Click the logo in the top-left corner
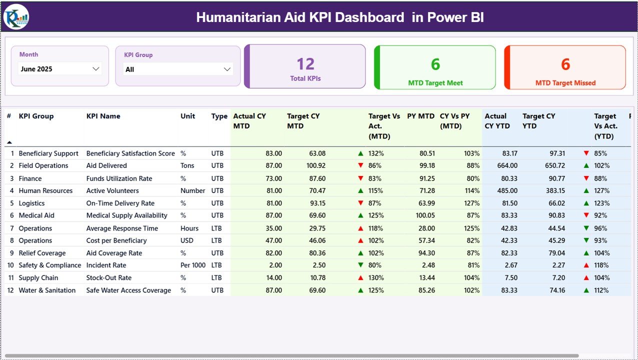(16, 17)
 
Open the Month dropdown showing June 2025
(60, 69)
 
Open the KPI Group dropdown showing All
(178, 69)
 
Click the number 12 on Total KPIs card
(305, 64)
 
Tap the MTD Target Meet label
(435, 83)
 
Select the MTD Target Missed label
(565, 83)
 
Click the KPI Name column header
(103, 116)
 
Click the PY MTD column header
(420, 116)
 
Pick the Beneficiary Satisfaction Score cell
(130, 153)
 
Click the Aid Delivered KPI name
(106, 165)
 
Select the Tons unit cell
(187, 165)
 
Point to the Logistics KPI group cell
(31, 203)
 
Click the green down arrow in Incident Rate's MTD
(360, 265)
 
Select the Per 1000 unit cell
(192, 265)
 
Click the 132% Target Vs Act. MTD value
(375, 153)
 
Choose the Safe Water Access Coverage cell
(128, 290)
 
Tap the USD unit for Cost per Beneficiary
(187, 240)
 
